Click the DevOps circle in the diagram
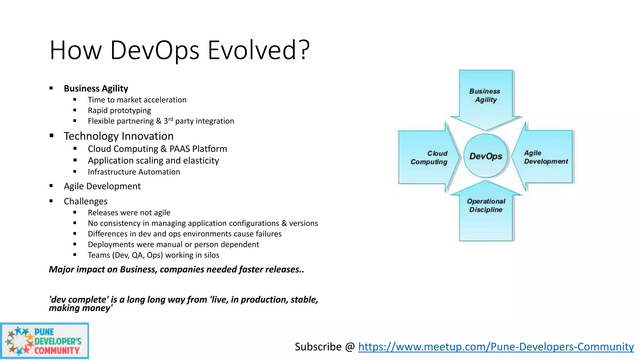[x=486, y=156]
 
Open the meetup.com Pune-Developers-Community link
[x=496, y=347]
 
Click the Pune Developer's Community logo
[x=44, y=341]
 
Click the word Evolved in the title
[x=259, y=50]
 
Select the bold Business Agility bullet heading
[x=96, y=88]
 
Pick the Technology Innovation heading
[x=118, y=136]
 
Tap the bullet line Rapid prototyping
[x=119, y=111]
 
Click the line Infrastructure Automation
[x=134, y=172]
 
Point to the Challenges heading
[x=86, y=201]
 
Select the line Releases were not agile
[x=129, y=212]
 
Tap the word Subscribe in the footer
[x=318, y=347]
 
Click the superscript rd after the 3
[x=171, y=119]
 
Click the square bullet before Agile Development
[x=51, y=186]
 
